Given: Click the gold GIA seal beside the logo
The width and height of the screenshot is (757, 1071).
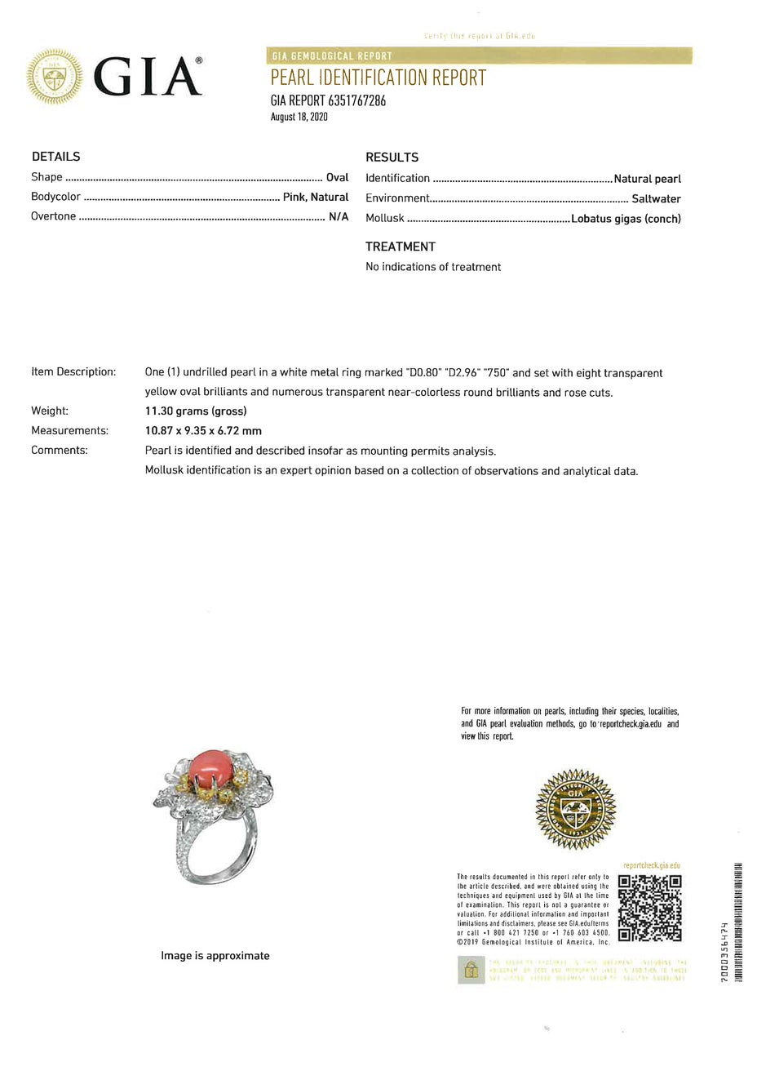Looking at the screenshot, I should [55, 78].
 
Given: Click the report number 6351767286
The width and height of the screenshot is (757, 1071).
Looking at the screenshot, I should [357, 101].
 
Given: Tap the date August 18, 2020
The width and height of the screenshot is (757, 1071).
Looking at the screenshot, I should [299, 117].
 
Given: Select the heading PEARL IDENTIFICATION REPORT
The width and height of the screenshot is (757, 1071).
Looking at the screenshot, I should [378, 78].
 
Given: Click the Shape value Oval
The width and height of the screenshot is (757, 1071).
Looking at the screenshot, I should [337, 177].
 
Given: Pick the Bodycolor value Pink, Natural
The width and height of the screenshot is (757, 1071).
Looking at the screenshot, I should [316, 197].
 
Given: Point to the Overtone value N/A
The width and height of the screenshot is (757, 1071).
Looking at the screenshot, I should [339, 216].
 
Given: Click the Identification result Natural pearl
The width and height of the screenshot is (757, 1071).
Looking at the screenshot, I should [647, 179].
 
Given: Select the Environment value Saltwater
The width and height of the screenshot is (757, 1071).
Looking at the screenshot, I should [656, 198].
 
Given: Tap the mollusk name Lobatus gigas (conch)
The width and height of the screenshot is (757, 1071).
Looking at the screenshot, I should [626, 219].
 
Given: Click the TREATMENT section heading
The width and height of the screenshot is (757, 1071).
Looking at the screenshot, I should [400, 247].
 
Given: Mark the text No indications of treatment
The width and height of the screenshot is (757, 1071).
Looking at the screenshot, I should [433, 267].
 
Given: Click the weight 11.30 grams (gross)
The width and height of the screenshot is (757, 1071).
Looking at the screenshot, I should [196, 411].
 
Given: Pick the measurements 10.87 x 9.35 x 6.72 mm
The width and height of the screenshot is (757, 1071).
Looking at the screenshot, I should [203, 431].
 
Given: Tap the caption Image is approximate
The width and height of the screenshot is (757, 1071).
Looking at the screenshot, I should [215, 955].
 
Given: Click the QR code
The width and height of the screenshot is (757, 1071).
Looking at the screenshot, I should [649, 908].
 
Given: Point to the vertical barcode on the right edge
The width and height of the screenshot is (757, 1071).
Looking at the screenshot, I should [738, 922].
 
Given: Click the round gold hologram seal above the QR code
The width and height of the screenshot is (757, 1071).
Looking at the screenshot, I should [575, 809].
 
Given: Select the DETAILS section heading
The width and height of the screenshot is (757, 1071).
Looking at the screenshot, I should [55, 157].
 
